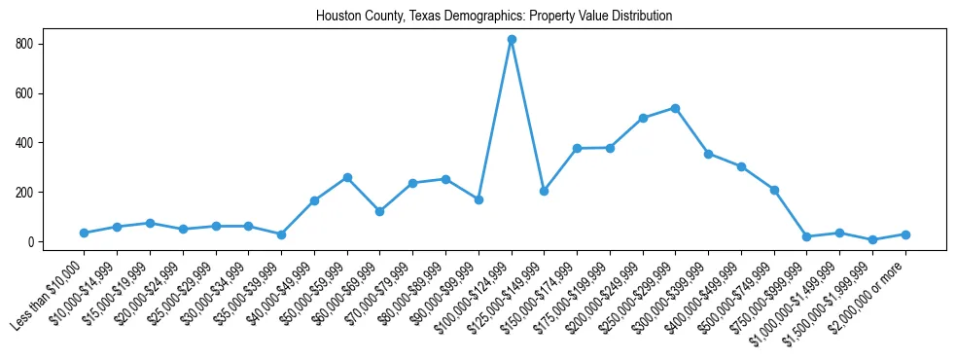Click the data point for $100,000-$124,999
point(512,40)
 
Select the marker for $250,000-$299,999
point(675,108)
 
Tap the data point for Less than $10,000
point(84,234)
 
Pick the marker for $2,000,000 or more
point(905,234)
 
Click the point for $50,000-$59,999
point(347,178)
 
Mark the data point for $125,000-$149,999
point(544,191)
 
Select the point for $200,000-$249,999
point(643,118)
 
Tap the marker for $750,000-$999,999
point(806,236)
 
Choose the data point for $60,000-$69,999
point(379,211)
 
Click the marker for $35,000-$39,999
point(281,234)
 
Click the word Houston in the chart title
point(337,17)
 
